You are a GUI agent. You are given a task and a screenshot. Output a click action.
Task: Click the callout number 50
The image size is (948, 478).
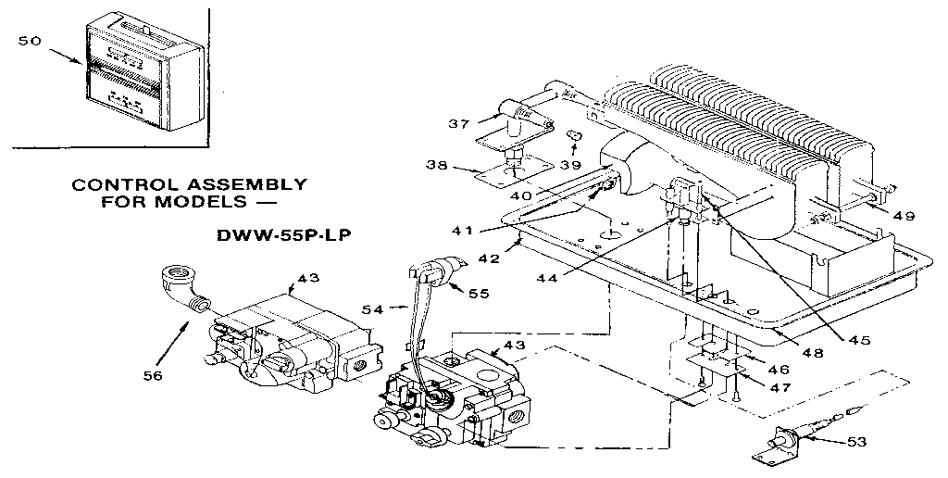tap(31, 41)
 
